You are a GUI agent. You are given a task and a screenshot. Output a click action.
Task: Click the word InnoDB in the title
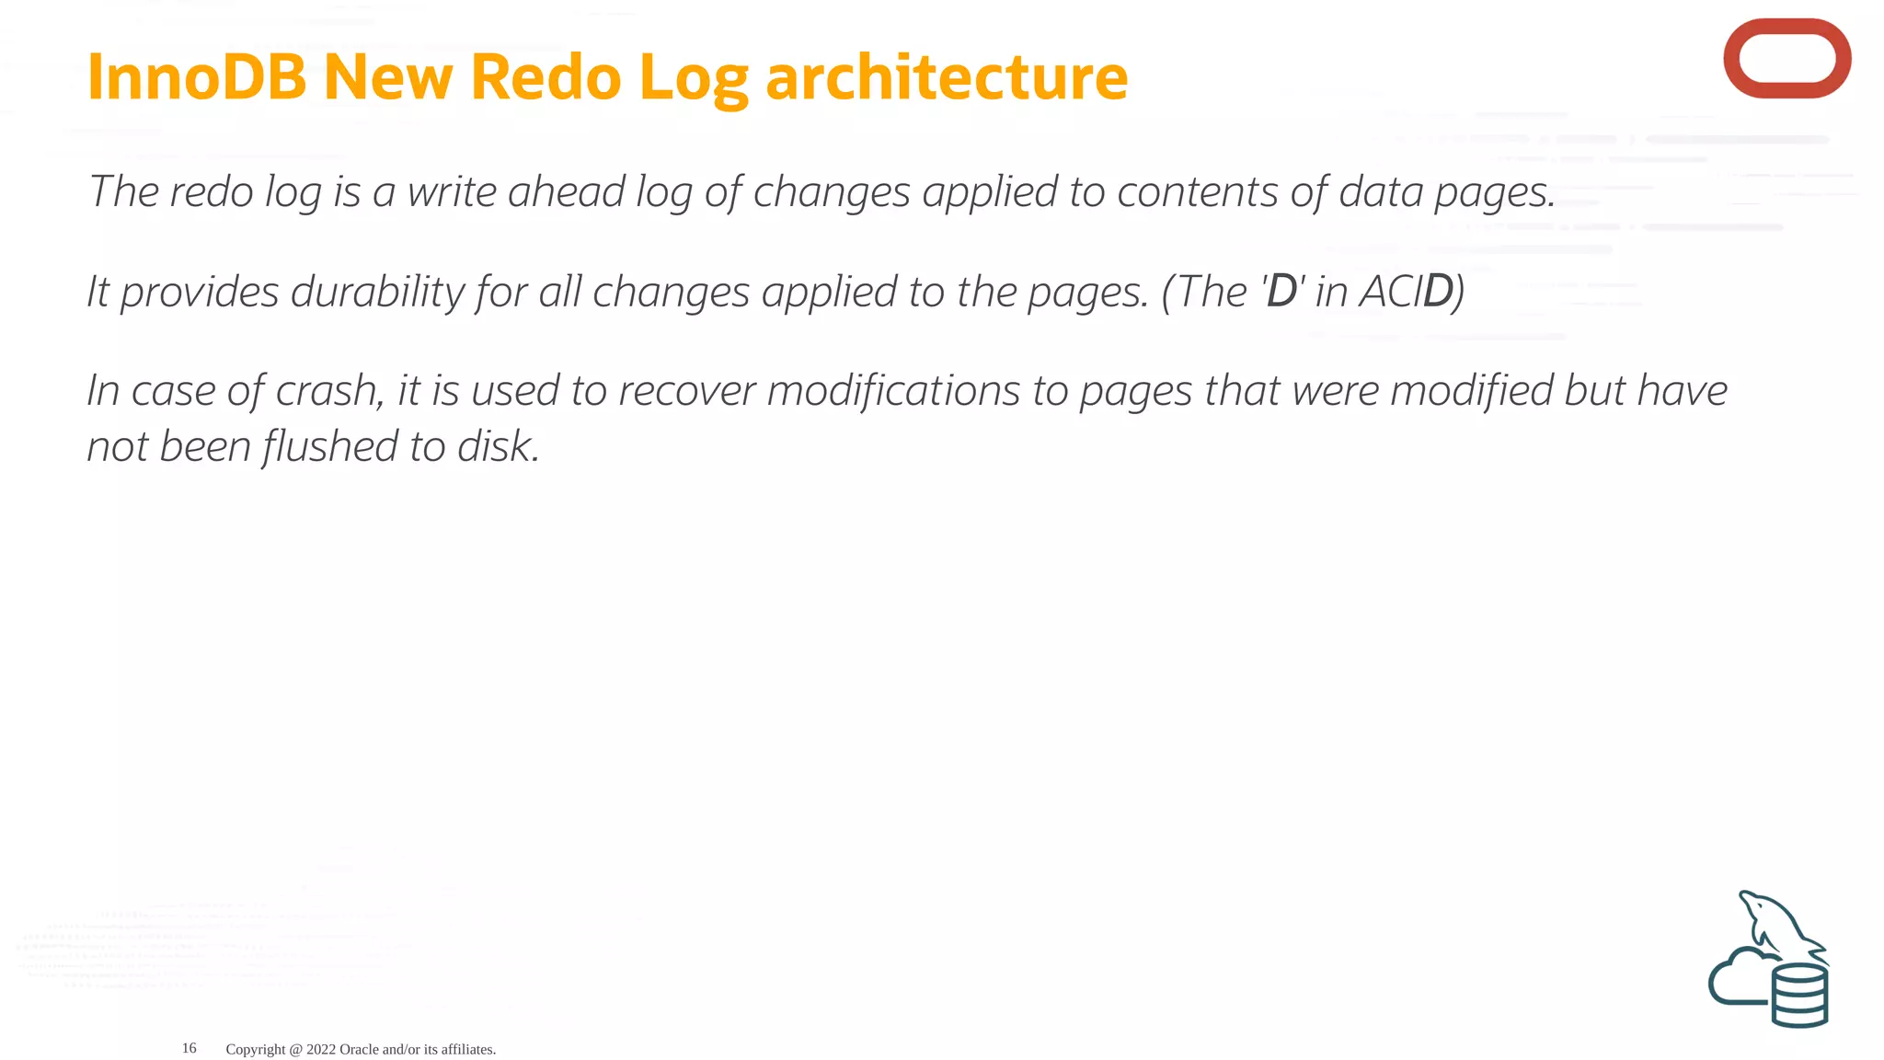pyautogui.click(x=196, y=76)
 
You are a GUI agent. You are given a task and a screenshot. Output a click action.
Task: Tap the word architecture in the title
pyautogui.click(x=947, y=76)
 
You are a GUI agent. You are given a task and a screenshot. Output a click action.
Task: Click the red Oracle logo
pyautogui.click(x=1786, y=58)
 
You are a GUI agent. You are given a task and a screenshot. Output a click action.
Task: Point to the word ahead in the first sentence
pyautogui.click(x=566, y=191)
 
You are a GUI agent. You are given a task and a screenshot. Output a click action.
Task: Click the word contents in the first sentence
pyautogui.click(x=1197, y=191)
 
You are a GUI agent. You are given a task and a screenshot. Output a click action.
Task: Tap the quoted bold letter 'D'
pyautogui.click(x=1282, y=292)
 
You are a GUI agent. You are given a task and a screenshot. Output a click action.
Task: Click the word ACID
pyautogui.click(x=1407, y=292)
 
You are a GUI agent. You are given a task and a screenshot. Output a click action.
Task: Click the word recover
pyautogui.click(x=686, y=391)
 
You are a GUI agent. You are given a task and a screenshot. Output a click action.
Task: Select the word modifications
pyautogui.click(x=893, y=391)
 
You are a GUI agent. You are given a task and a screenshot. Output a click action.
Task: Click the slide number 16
pyautogui.click(x=190, y=1048)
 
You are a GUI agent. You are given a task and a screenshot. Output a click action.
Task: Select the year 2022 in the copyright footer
pyautogui.click(x=321, y=1049)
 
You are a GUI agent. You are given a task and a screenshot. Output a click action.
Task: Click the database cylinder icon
pyautogui.click(x=1799, y=996)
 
